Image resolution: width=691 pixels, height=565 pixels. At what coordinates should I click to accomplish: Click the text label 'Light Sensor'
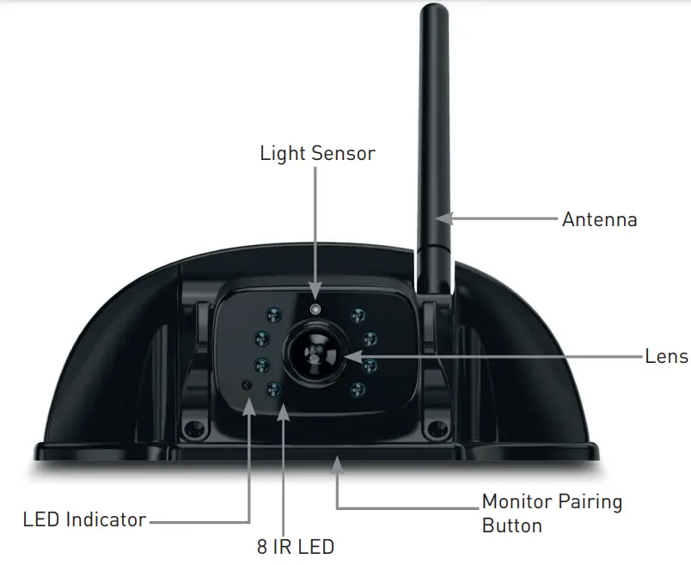point(317,154)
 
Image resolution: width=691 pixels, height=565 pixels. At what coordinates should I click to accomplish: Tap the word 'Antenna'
point(599,219)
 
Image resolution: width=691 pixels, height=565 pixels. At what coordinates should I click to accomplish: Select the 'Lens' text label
point(666,356)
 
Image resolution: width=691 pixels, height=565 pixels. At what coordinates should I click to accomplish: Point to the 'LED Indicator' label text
point(84,519)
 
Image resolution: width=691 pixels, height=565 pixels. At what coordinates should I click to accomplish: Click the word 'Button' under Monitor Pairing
point(511,525)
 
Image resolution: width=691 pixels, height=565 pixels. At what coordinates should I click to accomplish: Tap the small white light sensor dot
point(315,309)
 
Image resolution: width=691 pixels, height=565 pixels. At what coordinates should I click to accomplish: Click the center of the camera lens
point(316,353)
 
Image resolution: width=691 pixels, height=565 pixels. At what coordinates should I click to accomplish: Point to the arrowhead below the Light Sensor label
point(315,291)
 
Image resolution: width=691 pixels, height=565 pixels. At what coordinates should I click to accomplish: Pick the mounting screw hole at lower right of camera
point(437,427)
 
